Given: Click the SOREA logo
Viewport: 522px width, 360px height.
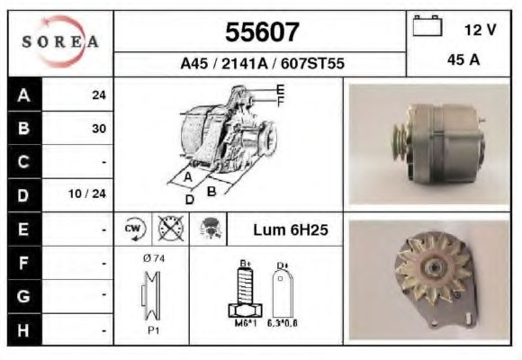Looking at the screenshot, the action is pos(60,41).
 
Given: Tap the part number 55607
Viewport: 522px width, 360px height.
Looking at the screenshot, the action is pos(262,32).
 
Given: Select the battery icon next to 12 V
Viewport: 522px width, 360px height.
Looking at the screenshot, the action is pos(427,25).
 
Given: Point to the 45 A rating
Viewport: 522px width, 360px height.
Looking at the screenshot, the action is pos(463,60).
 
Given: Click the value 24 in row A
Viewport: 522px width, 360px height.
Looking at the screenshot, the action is pos(99,95).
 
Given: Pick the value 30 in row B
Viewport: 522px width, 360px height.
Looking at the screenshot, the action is pos(99,129).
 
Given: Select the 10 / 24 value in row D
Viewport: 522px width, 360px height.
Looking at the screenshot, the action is pos(87,193).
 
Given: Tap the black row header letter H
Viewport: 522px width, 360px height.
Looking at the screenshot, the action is pos(23,330).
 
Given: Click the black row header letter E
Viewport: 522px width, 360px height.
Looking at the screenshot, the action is pos(23,229).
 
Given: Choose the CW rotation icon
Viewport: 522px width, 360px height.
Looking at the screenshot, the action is pos(135,229).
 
